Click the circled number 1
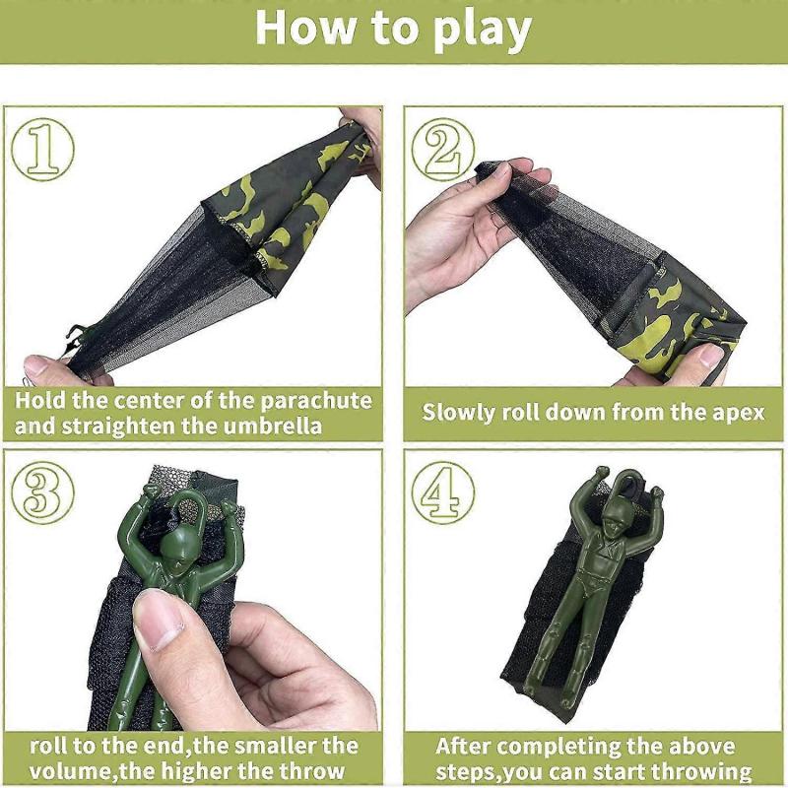pyautogui.click(x=42, y=150)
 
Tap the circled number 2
pyautogui.click(x=442, y=150)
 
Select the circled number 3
pyautogui.click(x=42, y=493)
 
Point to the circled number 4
pyautogui.click(x=442, y=493)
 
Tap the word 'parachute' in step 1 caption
pyautogui.click(x=316, y=401)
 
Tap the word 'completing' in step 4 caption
pyautogui.click(x=560, y=748)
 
